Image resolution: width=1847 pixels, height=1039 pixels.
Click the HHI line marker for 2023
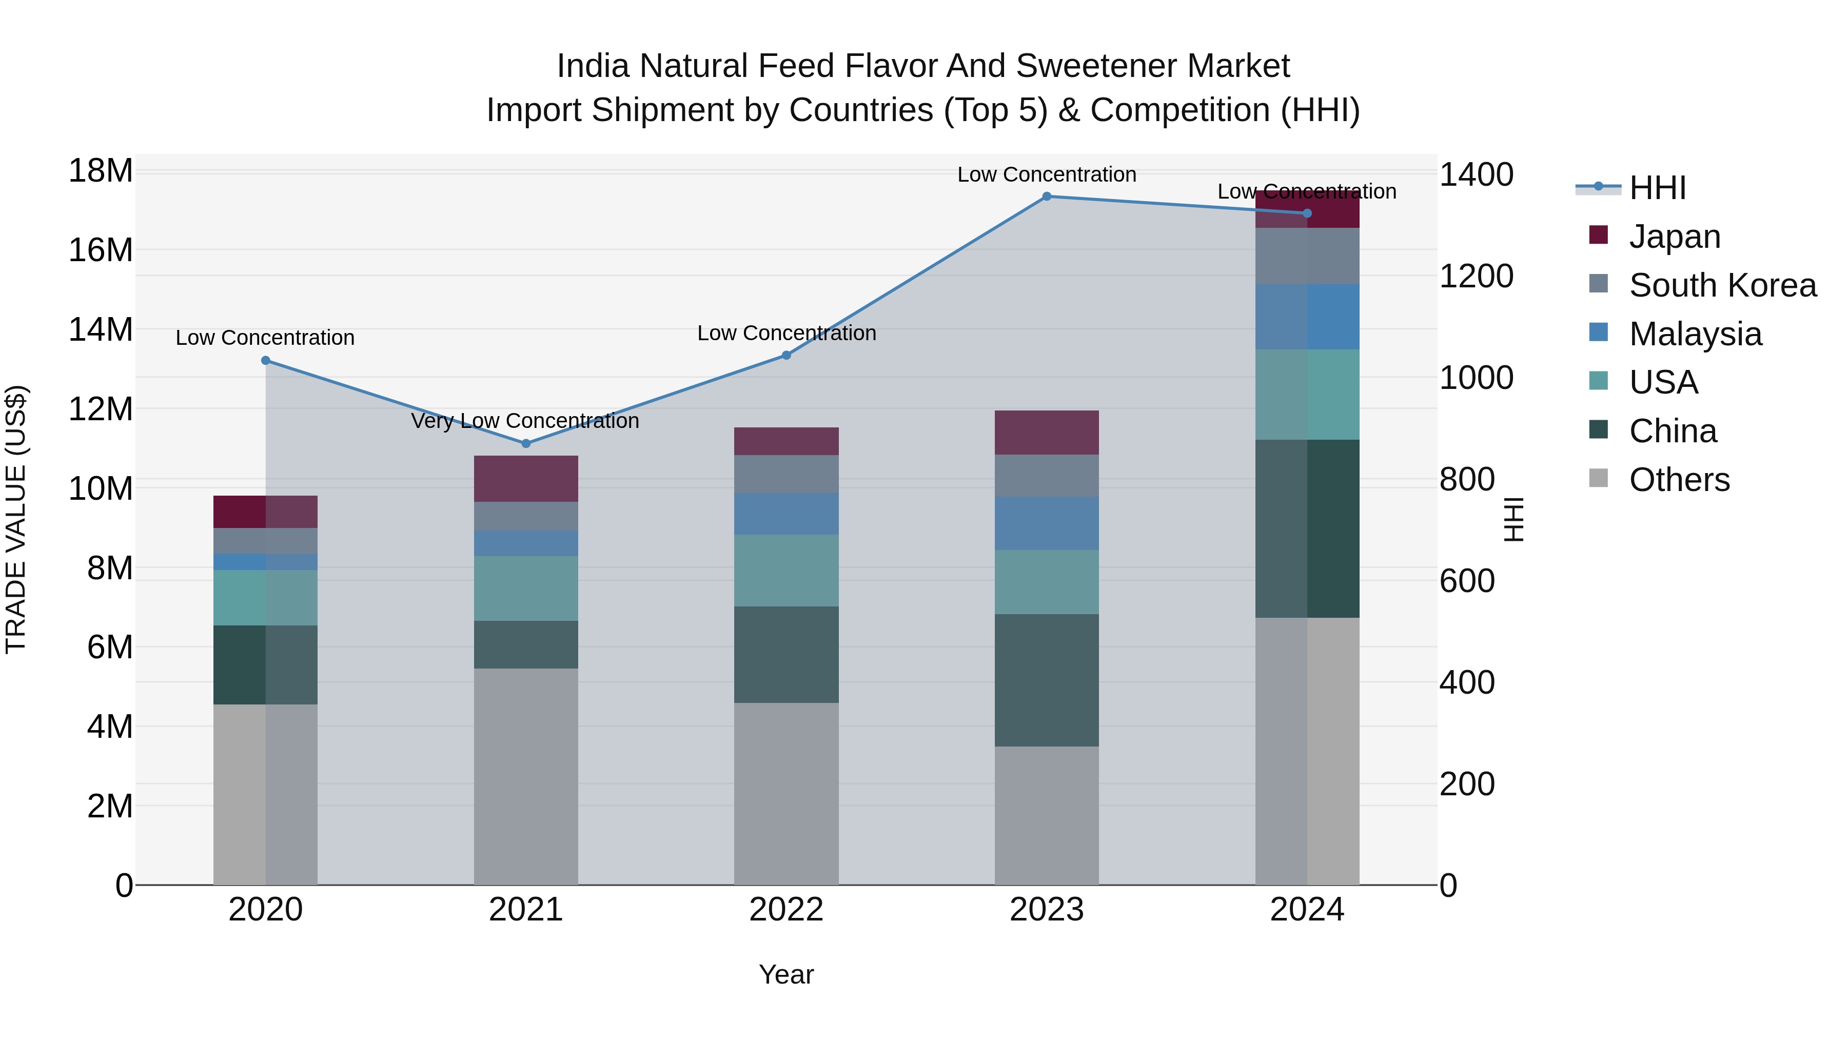point(1046,197)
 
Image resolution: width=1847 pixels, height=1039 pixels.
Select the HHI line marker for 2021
point(525,444)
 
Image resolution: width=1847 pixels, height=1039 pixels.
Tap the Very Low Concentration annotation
point(525,421)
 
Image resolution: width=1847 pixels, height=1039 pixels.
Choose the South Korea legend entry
point(1722,285)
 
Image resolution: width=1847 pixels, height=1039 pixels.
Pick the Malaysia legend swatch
point(1598,332)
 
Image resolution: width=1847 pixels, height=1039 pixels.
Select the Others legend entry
point(1679,480)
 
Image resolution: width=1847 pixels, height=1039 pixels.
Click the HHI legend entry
point(1657,188)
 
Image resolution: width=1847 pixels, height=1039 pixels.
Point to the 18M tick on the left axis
point(101,171)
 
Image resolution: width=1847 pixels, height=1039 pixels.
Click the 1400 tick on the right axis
point(1476,175)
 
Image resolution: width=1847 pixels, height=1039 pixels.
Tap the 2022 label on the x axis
point(786,910)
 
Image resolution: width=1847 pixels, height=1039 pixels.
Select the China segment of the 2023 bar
point(1046,680)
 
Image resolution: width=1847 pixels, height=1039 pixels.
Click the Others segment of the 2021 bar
point(525,777)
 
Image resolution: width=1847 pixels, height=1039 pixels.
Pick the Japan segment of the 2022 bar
point(786,441)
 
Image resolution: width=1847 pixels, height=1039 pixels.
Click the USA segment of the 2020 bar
point(265,597)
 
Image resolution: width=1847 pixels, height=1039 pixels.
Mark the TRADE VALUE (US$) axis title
point(16,519)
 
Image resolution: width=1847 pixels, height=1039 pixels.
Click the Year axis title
point(786,974)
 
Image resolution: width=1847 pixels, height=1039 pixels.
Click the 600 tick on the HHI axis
point(1467,581)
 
